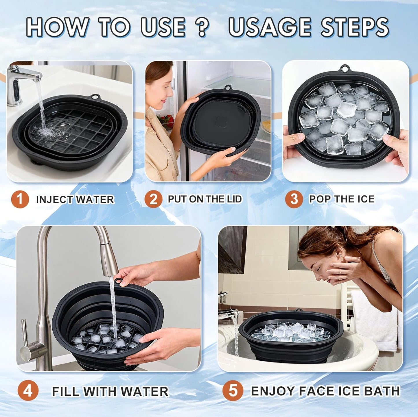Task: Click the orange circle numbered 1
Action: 20,199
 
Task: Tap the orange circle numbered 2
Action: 153,199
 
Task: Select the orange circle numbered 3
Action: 294,199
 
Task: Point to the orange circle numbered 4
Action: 28,391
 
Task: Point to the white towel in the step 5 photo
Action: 373,318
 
